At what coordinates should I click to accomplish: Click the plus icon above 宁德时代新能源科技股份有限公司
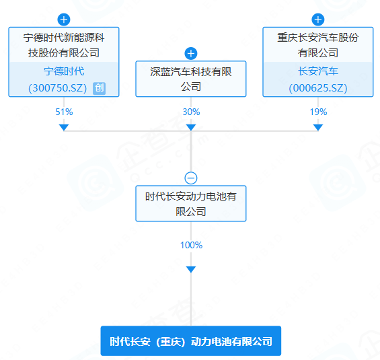[x=64, y=20]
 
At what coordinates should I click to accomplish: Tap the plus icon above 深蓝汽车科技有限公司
[x=191, y=53]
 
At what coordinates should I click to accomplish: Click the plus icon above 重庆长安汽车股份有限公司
[x=318, y=20]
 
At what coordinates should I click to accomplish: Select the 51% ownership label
[x=64, y=112]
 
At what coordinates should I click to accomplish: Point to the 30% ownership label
[x=191, y=112]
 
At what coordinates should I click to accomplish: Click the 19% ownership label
[x=318, y=112]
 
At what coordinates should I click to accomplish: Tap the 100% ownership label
[x=191, y=245]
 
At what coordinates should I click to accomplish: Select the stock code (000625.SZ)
[x=318, y=88]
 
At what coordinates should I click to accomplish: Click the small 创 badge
[x=99, y=88]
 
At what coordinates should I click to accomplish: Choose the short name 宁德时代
[x=64, y=71]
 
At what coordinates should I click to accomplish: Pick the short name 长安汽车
[x=318, y=71]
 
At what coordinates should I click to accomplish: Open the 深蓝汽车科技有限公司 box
[x=191, y=79]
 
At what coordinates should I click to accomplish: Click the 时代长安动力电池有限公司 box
[x=191, y=204]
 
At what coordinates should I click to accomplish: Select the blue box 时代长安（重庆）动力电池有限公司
[x=191, y=341]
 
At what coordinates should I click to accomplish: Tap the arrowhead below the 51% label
[x=64, y=127]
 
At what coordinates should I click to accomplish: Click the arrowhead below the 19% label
[x=318, y=127]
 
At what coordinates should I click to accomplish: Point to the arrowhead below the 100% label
[x=191, y=269]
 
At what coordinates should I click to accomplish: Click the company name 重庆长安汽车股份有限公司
[x=318, y=45]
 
